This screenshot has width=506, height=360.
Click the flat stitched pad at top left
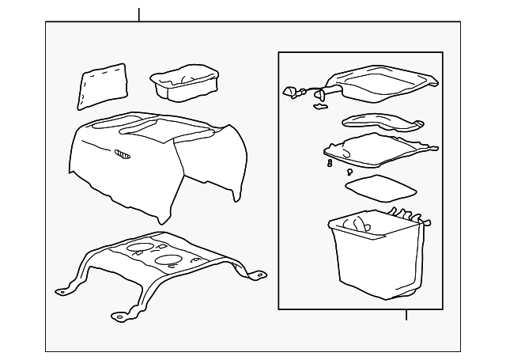(103, 85)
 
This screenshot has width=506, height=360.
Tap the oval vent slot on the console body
(123, 153)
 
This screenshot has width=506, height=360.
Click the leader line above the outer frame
(139, 14)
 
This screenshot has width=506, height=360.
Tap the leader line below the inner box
(406, 314)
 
